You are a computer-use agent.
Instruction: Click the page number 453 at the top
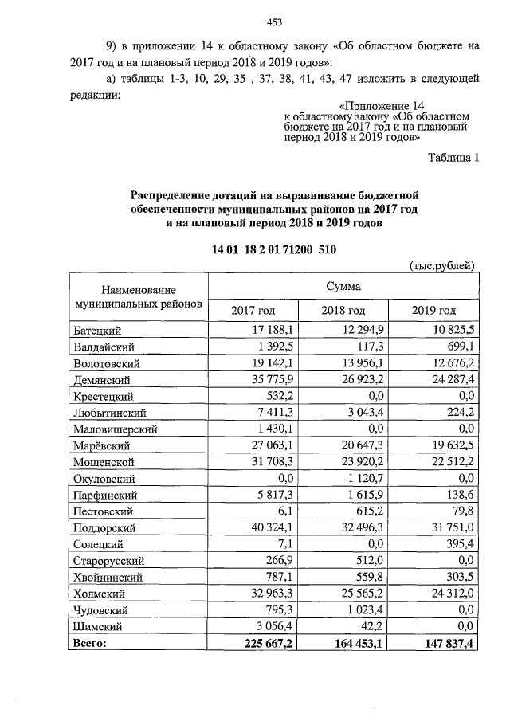(275, 22)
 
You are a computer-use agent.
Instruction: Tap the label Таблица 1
(453, 158)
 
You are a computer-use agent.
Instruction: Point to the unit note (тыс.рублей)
(442, 265)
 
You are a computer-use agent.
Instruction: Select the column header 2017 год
(253, 310)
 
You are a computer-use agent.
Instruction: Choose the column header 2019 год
(434, 310)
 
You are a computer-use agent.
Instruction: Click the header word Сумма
(343, 285)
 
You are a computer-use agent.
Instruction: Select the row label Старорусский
(108, 561)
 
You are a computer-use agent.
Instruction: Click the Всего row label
(89, 642)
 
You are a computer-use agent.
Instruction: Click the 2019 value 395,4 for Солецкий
(460, 544)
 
